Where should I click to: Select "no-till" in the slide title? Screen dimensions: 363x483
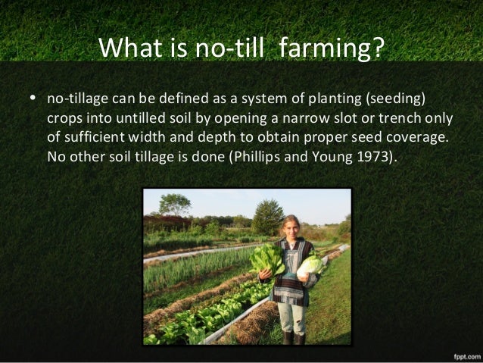[229, 50]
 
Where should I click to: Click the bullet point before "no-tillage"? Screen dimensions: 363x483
[32, 100]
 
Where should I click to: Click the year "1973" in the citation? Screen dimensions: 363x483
[367, 158]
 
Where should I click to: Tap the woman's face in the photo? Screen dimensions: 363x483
[291, 225]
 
